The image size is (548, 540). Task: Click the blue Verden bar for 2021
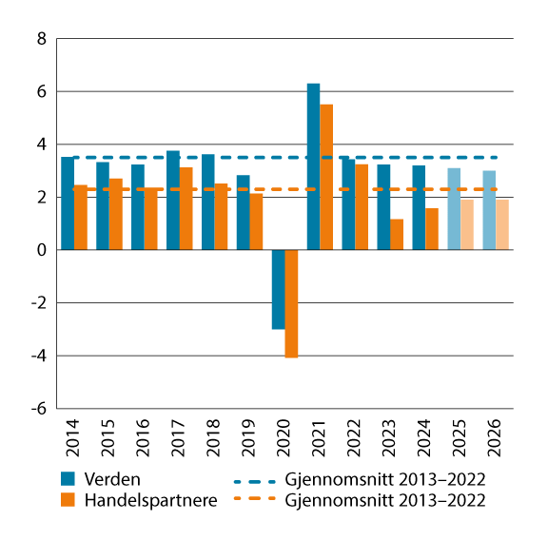(x=313, y=166)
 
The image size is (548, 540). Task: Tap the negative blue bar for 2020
(x=278, y=289)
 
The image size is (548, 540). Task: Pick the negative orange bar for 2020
(x=291, y=303)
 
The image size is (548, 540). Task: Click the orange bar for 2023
(x=397, y=235)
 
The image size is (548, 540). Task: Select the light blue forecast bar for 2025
(x=454, y=209)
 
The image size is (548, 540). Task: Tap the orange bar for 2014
(x=81, y=218)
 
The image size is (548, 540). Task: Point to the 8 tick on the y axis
(x=40, y=40)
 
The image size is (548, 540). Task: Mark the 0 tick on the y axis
(x=40, y=250)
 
